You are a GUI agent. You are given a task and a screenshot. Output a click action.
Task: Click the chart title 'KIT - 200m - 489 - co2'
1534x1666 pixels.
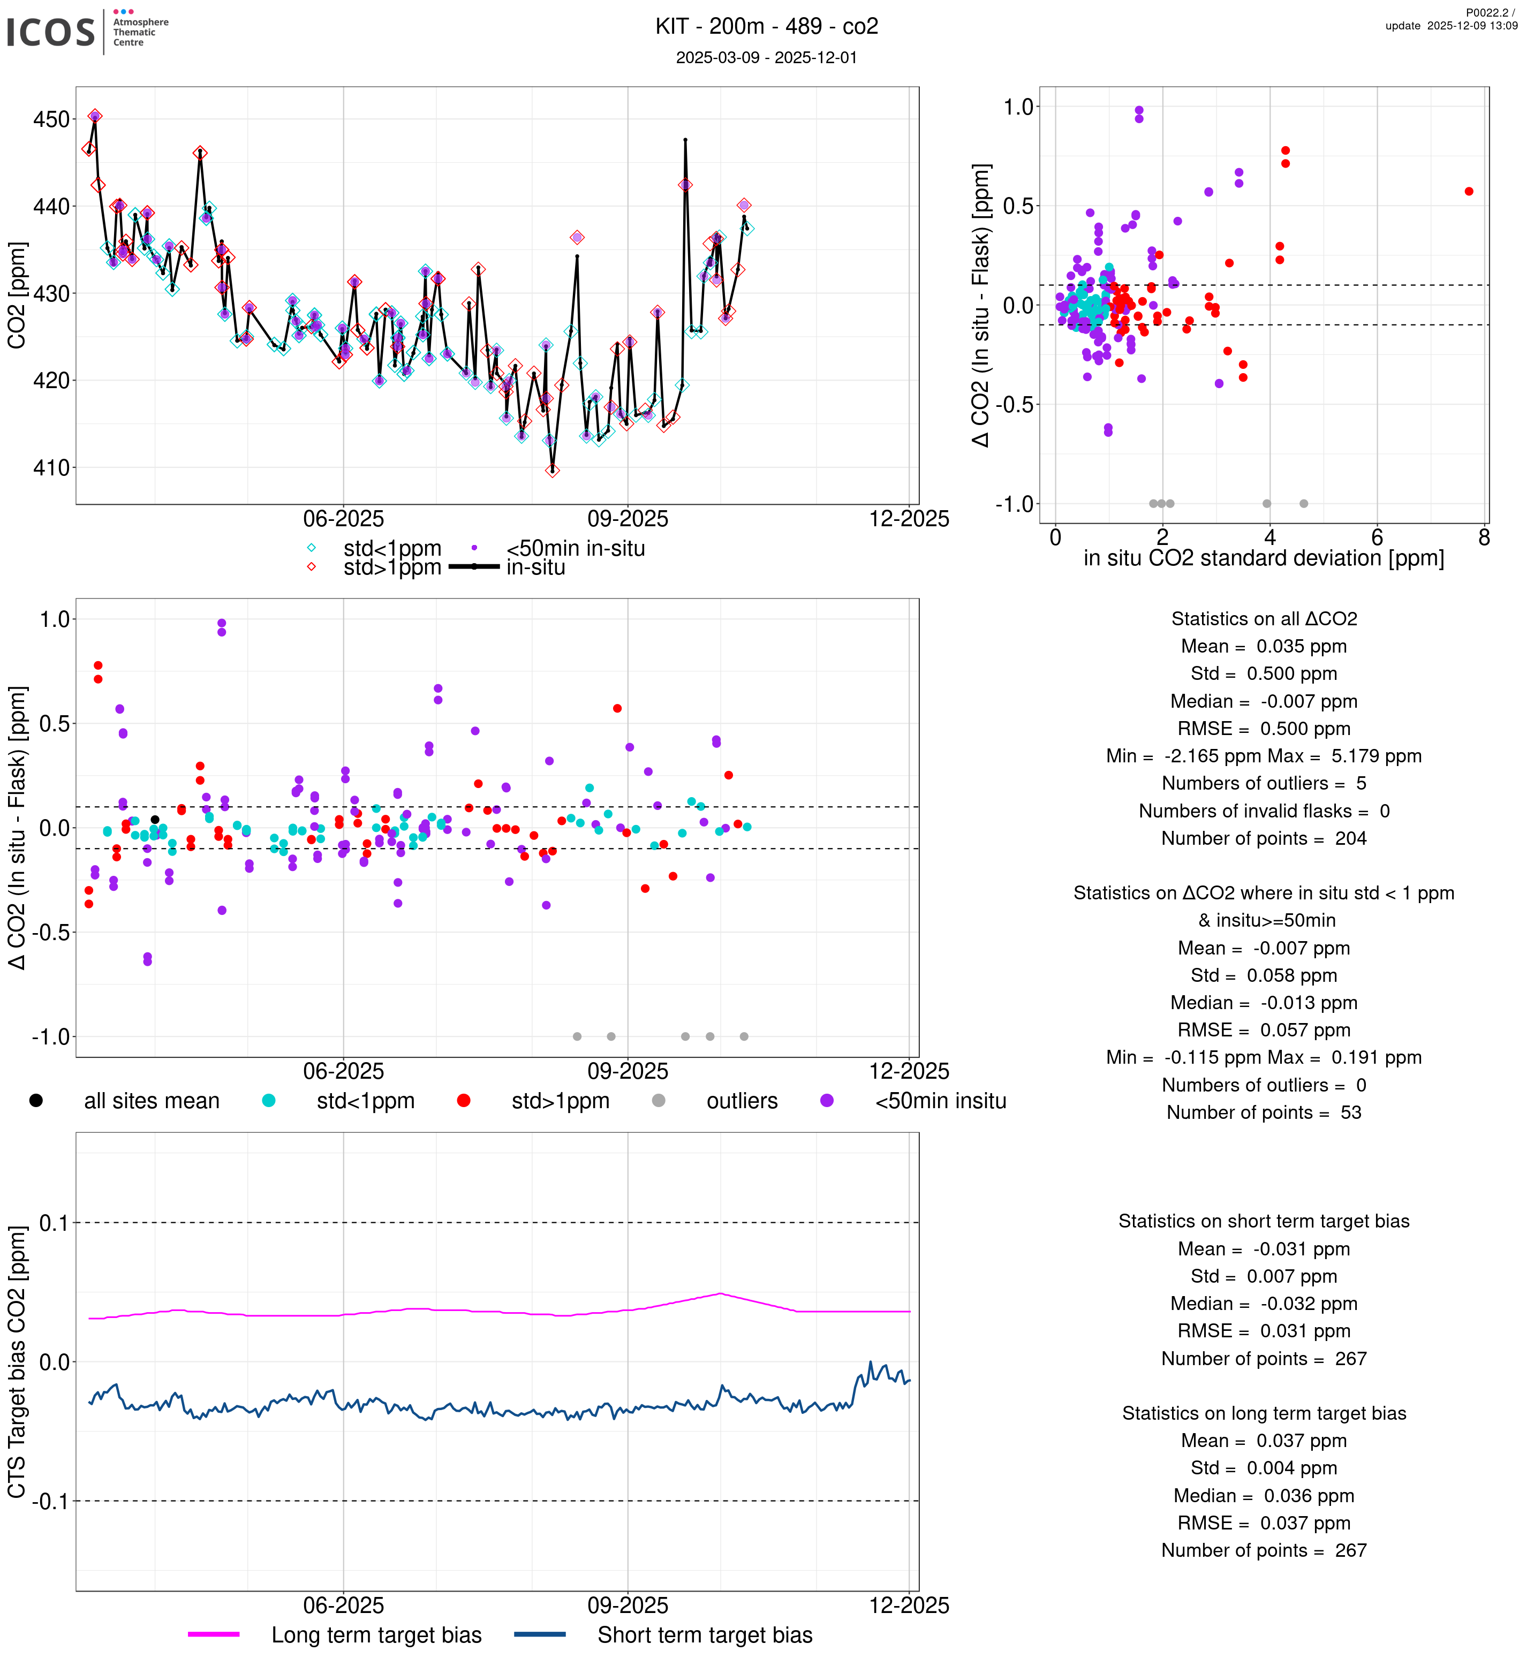click(x=766, y=27)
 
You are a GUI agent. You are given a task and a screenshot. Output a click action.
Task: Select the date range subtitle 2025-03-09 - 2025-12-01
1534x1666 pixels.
click(x=766, y=57)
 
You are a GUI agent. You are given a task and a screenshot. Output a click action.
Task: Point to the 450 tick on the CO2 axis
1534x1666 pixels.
click(x=51, y=119)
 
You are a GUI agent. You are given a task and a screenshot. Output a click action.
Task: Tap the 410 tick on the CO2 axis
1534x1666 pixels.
click(x=51, y=468)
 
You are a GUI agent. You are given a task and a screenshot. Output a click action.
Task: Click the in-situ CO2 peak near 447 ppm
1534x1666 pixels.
click(x=685, y=140)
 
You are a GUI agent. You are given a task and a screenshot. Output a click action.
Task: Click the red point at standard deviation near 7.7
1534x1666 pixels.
click(x=1469, y=192)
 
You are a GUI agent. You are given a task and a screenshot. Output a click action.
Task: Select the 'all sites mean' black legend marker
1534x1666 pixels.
click(x=36, y=1101)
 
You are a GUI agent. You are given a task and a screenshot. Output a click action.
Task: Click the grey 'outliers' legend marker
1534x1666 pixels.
click(x=658, y=1101)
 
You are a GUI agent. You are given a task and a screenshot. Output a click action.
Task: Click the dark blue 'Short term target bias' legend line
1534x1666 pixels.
click(x=540, y=1634)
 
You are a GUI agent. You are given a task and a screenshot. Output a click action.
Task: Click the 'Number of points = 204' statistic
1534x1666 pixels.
click(x=1264, y=838)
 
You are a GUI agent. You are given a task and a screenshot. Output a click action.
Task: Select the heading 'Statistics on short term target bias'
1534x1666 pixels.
click(x=1264, y=1221)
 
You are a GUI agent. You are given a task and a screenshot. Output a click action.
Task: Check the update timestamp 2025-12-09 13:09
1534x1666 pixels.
click(x=1451, y=26)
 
